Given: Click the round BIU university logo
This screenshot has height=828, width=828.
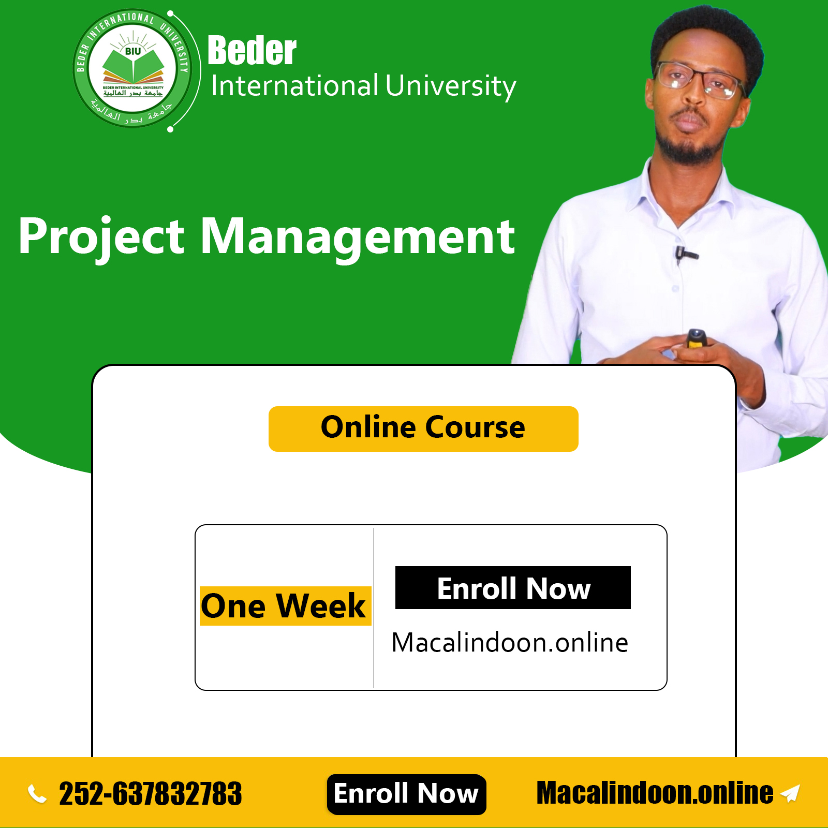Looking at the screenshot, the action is (x=132, y=68).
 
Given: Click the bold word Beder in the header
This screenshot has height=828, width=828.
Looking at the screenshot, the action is (x=252, y=51).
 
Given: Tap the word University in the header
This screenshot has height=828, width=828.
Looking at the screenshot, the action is (x=451, y=86).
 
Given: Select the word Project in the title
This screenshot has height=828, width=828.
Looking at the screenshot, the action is (x=101, y=237).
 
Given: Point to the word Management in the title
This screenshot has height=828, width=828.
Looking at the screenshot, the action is (x=358, y=237).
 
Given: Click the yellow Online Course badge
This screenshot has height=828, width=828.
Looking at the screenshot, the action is (x=423, y=428).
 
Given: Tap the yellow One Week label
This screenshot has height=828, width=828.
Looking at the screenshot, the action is (x=285, y=606).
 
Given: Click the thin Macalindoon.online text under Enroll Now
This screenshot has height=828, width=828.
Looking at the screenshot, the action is (x=510, y=643).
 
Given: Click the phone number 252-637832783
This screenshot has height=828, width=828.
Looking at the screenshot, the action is (x=151, y=794).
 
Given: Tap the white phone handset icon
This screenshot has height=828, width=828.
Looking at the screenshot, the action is (x=37, y=794).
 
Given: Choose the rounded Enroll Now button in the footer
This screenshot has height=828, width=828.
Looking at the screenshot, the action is (x=406, y=794).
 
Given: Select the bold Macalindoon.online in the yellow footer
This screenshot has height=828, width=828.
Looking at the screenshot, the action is (x=655, y=793).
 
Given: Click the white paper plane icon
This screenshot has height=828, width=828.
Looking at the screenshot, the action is (x=790, y=793).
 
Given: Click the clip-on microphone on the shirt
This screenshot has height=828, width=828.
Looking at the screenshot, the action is (x=685, y=254).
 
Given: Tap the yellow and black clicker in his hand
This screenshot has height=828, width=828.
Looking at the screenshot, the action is (x=696, y=339).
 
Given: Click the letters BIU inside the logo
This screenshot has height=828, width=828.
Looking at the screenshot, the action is (x=133, y=51).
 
